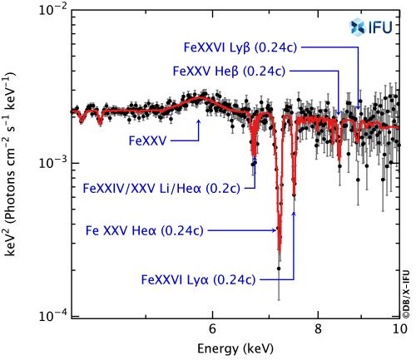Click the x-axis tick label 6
coord(212,328)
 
